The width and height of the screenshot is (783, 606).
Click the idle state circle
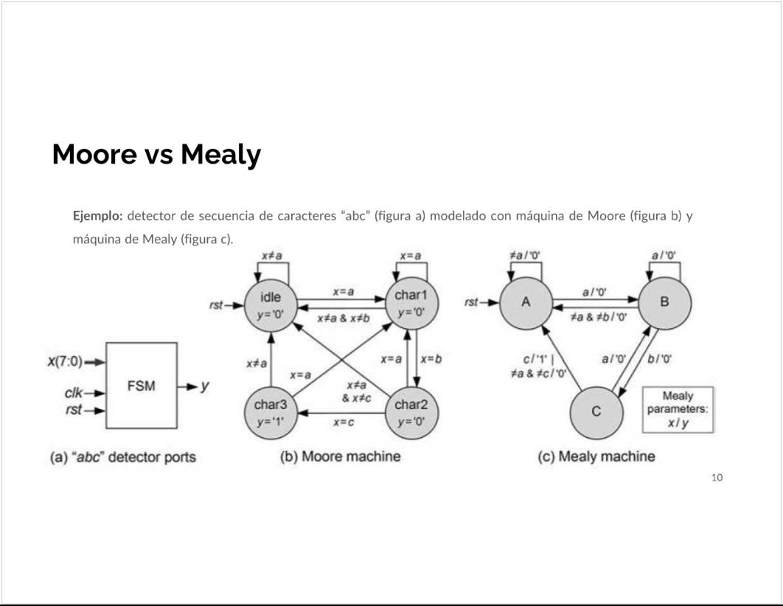271,306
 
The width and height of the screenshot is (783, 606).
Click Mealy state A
526,303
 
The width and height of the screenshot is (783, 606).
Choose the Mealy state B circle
665,303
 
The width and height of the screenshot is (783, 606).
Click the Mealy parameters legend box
678,409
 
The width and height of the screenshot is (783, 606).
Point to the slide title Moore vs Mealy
156,155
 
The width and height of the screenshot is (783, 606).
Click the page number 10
717,478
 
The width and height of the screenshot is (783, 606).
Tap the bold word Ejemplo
97,216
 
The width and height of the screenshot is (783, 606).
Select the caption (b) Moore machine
341,456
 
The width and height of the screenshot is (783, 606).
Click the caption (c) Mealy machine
596,456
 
